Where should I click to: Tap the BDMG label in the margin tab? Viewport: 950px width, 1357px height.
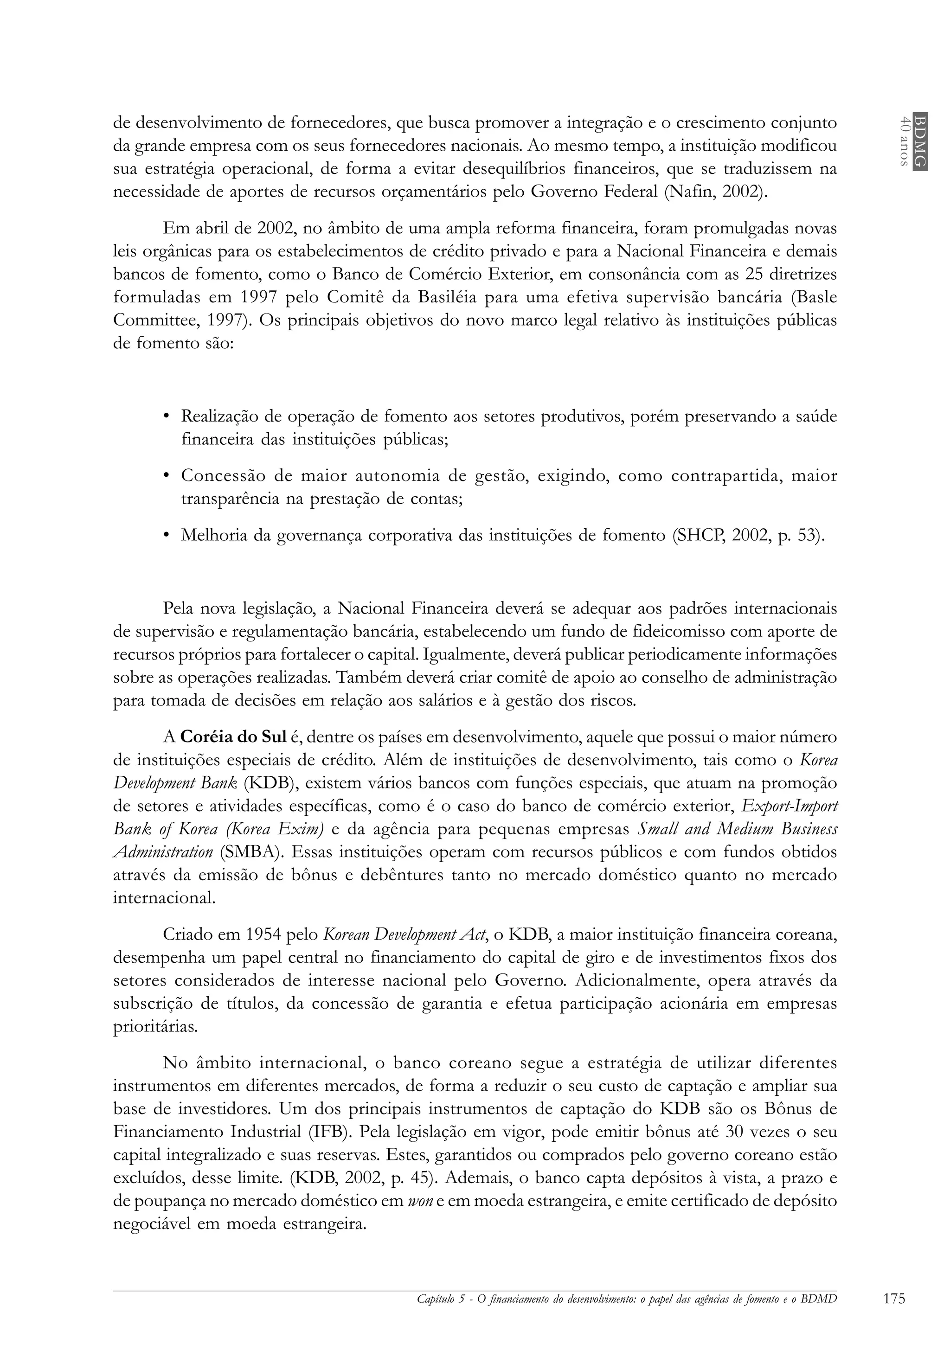click(x=919, y=141)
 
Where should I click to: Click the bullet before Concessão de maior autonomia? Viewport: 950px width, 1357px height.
click(x=167, y=476)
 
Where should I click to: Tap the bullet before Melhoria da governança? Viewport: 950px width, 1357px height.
click(x=167, y=536)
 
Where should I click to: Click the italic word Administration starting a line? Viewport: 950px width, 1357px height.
click(x=162, y=853)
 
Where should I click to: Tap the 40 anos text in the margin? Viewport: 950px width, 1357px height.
click(x=903, y=141)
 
